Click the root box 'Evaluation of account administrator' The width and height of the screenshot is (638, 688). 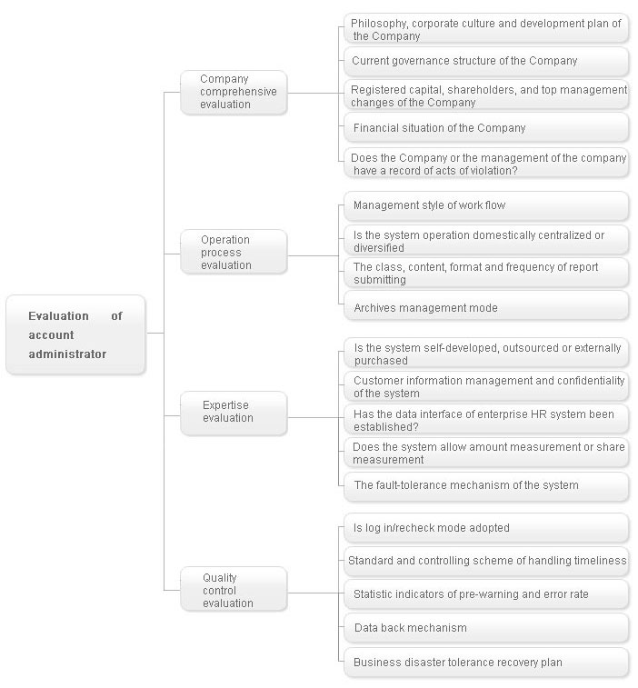point(75,334)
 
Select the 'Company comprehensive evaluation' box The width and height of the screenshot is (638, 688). point(234,93)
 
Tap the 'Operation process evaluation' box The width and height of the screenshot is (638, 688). point(234,253)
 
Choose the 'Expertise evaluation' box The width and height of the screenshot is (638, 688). point(234,414)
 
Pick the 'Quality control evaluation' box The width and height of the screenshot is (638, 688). point(234,589)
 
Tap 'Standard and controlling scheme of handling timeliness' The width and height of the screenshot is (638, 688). point(486,561)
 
